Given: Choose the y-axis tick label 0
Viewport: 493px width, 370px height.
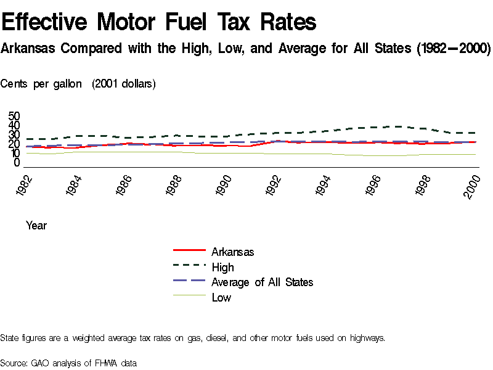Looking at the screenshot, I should tap(17, 163).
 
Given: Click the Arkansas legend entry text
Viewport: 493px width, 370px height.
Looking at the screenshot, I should tap(232, 252).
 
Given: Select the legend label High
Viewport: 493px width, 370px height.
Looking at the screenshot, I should tap(222, 267).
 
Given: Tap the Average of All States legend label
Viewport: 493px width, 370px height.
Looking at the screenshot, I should tap(262, 282).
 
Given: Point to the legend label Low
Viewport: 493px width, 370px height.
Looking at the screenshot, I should tap(221, 298).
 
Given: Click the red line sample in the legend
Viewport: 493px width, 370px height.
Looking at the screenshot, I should tap(189, 251).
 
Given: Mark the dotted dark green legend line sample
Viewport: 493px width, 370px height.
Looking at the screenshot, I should tap(189, 266).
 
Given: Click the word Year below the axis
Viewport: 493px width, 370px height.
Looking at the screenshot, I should tap(36, 226).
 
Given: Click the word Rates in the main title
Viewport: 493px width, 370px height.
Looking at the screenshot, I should tap(288, 23).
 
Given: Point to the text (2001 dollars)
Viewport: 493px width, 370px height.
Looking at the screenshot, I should tap(124, 84).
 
